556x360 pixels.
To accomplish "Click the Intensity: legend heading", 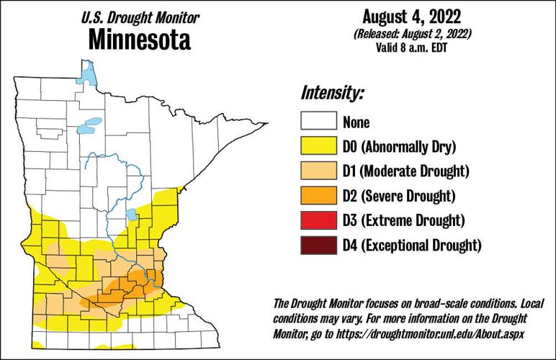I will click(333, 93).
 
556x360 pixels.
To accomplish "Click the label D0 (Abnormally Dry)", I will click(400, 148).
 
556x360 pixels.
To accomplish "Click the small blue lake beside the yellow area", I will click(132, 215).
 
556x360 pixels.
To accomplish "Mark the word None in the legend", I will click(357, 123).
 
